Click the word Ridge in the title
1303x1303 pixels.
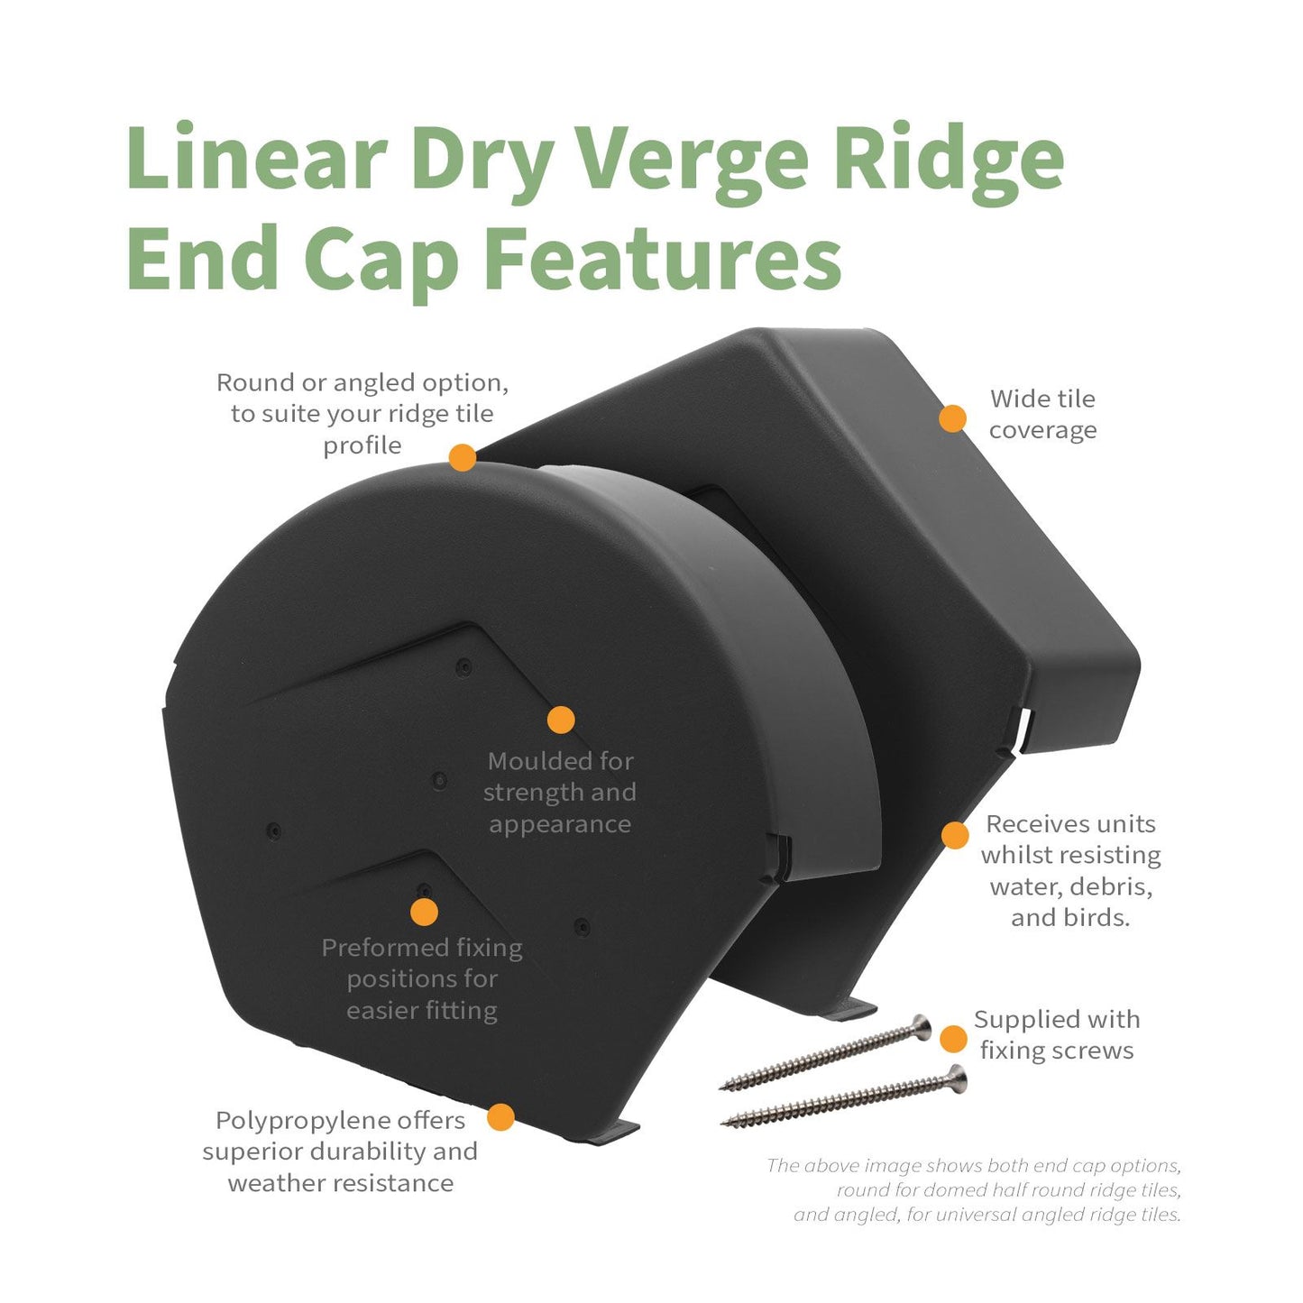947,161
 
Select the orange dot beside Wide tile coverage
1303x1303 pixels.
952,418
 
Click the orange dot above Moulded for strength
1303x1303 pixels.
561,720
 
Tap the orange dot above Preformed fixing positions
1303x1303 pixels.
424,912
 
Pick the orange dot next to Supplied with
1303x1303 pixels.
953,1039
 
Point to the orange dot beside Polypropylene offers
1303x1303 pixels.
500,1117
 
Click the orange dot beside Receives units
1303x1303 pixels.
955,835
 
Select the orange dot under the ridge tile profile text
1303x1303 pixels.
463,457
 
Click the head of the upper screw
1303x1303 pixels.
921,1026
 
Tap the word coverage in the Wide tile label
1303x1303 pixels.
1042,430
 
